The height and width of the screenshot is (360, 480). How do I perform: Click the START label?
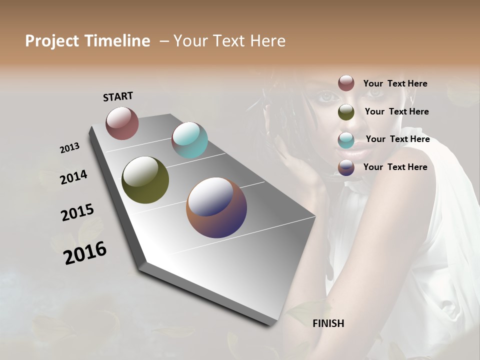point(118,96)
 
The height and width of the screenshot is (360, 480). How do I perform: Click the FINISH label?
point(328,323)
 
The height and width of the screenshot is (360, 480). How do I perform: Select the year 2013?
point(70,148)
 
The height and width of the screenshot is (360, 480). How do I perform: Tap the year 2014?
point(74,177)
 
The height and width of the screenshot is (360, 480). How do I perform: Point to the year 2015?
point(77,212)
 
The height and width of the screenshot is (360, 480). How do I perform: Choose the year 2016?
point(85,253)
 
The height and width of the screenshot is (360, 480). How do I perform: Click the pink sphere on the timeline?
point(122,123)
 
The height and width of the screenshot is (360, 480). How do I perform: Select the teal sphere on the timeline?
point(189,140)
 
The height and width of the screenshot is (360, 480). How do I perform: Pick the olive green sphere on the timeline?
point(145,180)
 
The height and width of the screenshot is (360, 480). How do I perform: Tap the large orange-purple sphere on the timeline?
point(216,207)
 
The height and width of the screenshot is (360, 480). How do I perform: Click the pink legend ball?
point(346,83)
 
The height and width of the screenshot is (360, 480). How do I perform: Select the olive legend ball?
point(346,112)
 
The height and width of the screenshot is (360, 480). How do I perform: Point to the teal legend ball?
point(346,140)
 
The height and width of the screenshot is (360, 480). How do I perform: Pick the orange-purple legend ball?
point(346,167)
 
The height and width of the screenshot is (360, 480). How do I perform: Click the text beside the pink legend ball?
point(395,83)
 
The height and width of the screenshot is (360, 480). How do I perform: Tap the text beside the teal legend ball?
point(397,139)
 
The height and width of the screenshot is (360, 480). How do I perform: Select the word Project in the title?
point(51,41)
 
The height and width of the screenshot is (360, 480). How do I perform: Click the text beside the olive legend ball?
point(396,111)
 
